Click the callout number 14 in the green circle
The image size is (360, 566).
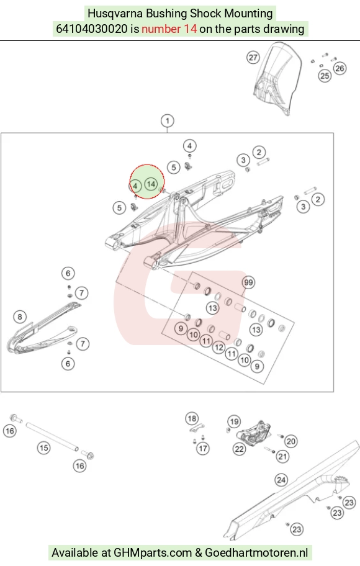click(151, 184)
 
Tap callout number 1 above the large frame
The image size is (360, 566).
click(167, 120)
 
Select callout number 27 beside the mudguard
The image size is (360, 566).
click(253, 57)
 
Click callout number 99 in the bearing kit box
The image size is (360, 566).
click(248, 282)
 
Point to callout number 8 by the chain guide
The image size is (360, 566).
click(20, 317)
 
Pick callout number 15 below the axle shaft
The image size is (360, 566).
click(43, 448)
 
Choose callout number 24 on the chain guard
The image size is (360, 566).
click(281, 480)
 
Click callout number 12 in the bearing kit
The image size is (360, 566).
click(218, 348)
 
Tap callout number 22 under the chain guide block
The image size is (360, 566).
click(240, 449)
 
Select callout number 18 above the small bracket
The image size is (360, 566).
click(192, 419)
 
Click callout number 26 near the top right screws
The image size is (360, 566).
click(340, 68)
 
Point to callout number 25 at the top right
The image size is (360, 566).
click(325, 76)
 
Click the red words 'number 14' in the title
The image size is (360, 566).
click(169, 29)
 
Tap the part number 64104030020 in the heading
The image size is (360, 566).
click(92, 29)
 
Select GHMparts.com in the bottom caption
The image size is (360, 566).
click(153, 552)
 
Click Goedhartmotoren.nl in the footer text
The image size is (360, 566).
click(256, 552)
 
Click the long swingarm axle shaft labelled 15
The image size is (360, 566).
click(52, 436)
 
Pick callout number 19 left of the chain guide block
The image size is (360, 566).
click(235, 421)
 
